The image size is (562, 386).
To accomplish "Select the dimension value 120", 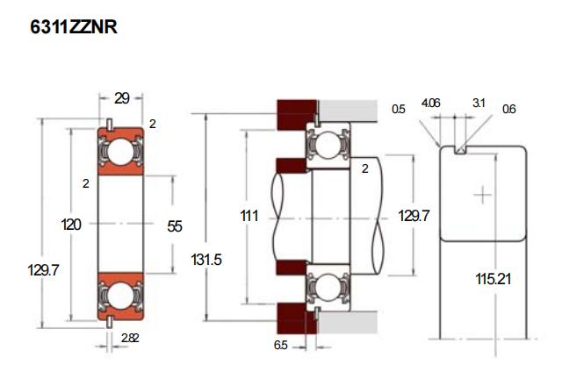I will [72, 225].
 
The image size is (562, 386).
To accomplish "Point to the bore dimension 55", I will [174, 225].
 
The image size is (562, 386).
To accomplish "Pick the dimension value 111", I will [249, 215].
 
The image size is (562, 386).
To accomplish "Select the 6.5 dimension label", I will [280, 346].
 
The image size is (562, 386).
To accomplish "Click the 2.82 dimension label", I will [129, 337].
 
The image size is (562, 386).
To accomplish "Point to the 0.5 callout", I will [399, 110].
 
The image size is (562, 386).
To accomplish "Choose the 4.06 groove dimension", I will [430, 104].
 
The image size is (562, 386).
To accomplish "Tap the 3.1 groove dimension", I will [479, 104].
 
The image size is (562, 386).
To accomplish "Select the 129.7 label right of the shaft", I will [414, 215].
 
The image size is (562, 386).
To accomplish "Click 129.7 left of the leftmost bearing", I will [42, 270].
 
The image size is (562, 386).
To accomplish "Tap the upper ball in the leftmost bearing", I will [122, 151].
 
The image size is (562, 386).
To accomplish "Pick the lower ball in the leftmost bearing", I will [122, 299].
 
